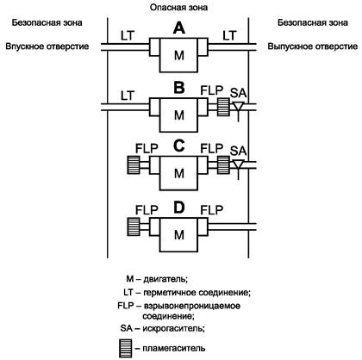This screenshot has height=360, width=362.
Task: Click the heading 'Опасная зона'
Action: (178, 8)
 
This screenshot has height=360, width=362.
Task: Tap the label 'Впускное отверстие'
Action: (47, 47)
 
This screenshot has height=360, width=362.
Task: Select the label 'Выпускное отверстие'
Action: (313, 47)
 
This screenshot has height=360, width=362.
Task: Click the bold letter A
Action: (179, 28)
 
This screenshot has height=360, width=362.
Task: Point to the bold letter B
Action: (179, 88)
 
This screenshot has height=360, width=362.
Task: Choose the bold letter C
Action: (179, 146)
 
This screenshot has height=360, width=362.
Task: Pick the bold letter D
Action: (179, 208)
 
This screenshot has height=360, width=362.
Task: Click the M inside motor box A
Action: (179, 55)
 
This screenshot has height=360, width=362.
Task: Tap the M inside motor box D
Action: (179, 235)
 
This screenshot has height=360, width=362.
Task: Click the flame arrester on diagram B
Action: (223, 107)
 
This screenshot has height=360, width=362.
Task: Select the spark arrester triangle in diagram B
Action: (238, 106)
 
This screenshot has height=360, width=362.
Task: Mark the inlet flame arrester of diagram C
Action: (134, 165)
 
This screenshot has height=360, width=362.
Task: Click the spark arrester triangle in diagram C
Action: (238, 164)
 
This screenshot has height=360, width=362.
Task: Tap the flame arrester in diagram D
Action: (134, 227)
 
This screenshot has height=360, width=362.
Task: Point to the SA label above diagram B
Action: (238, 93)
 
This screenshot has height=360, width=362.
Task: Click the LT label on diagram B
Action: (128, 96)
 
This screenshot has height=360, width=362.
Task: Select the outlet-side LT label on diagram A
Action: (229, 35)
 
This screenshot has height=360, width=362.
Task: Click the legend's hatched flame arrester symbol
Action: (125, 348)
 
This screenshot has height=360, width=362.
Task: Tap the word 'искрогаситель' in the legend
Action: (174, 328)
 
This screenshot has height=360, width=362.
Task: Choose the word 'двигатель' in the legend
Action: (165, 279)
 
